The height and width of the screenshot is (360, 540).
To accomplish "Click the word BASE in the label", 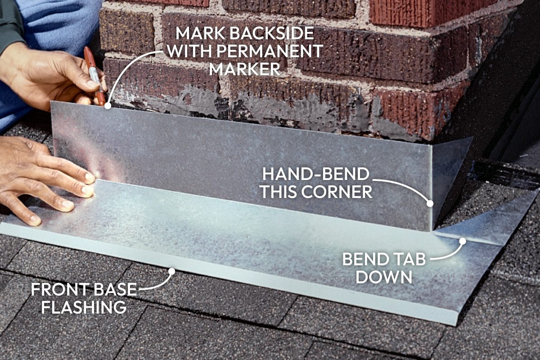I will click(x=115, y=289).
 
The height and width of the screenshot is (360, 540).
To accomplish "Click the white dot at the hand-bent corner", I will click(x=430, y=203).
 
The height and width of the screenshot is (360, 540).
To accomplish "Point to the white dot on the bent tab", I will click(x=462, y=241).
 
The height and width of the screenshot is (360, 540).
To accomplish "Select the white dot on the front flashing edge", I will click(x=171, y=271).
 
